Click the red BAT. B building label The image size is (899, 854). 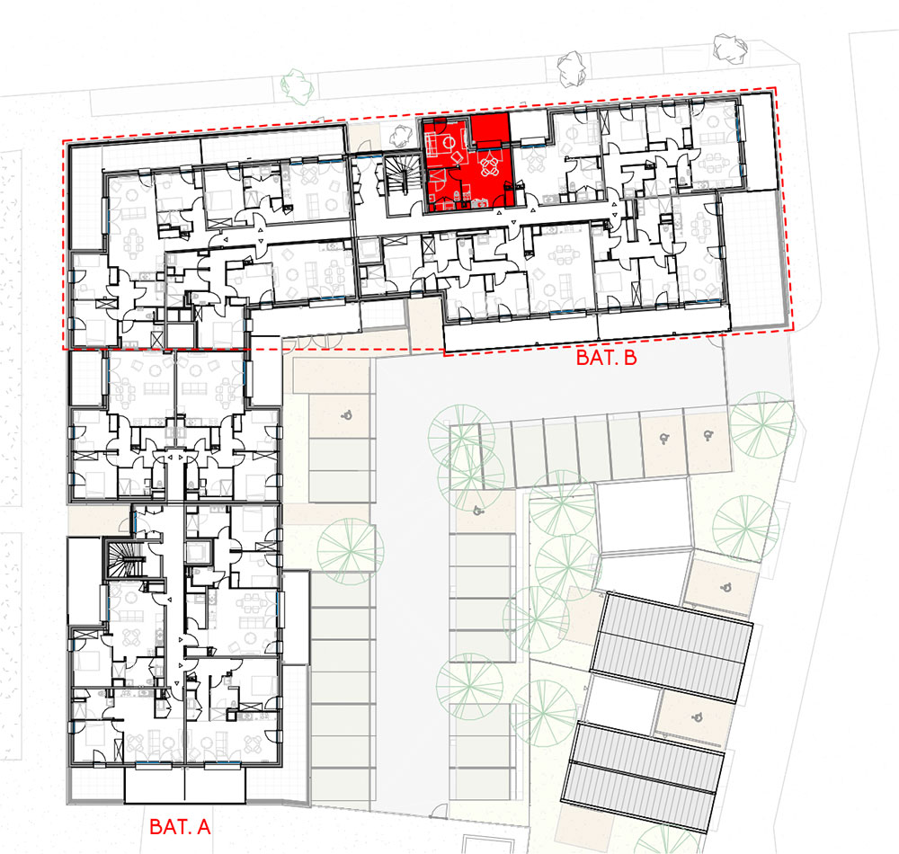click(606, 358)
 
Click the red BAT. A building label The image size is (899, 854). click(180, 826)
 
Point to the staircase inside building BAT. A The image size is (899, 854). click(124, 559)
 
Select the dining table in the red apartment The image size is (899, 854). click(489, 165)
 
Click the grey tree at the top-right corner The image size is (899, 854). click(730, 47)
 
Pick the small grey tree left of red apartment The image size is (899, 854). click(401, 136)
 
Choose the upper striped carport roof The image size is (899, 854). click(672, 647)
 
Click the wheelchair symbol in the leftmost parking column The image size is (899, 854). click(346, 414)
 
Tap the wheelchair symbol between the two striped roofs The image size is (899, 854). click(697, 716)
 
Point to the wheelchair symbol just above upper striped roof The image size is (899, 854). click(725, 587)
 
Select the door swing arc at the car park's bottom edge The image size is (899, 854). click(439, 811)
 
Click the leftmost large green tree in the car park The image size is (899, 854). click(351, 551)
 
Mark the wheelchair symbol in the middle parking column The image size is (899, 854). click(478, 509)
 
